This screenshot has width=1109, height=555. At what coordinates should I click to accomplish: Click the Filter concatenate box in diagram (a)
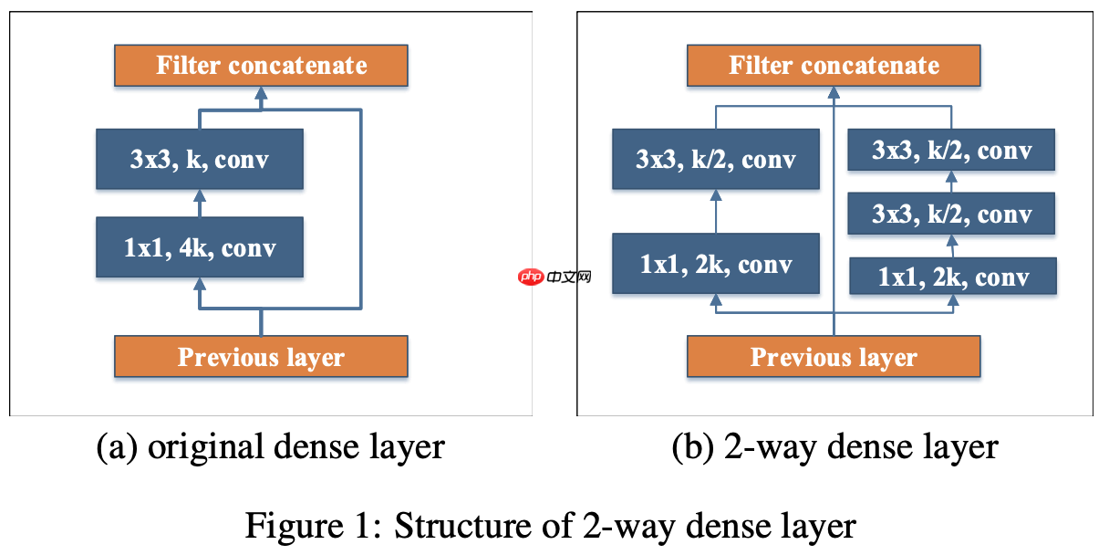click(x=261, y=66)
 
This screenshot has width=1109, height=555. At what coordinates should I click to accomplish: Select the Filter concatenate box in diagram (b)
click(x=834, y=66)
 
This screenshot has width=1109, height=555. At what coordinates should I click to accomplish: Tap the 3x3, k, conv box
click(x=199, y=160)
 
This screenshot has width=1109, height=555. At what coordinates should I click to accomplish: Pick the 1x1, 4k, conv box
click(x=199, y=247)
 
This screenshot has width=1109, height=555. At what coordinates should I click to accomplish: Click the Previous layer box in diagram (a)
click(x=261, y=357)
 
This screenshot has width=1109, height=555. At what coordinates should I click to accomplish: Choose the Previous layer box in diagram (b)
click(x=834, y=357)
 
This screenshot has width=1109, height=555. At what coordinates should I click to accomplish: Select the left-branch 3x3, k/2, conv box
click(x=716, y=160)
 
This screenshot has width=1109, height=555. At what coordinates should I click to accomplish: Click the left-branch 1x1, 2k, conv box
click(x=716, y=264)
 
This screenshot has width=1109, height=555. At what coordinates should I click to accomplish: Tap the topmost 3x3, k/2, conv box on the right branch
click(x=951, y=150)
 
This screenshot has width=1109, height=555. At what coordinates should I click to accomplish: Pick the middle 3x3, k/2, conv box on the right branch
click(x=951, y=214)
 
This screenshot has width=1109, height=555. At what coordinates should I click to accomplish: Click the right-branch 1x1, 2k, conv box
click(x=953, y=276)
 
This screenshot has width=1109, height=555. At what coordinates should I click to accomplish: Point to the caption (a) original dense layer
click(x=271, y=447)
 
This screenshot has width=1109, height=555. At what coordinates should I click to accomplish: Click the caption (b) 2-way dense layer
click(x=834, y=447)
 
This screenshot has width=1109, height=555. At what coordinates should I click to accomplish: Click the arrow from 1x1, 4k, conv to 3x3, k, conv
click(x=199, y=204)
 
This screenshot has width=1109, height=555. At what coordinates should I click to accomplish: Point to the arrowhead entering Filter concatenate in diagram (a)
click(x=261, y=93)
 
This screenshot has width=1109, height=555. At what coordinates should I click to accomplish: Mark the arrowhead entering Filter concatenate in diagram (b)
click(x=834, y=93)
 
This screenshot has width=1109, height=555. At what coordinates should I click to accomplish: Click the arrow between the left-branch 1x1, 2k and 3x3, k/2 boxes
click(x=716, y=211)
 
